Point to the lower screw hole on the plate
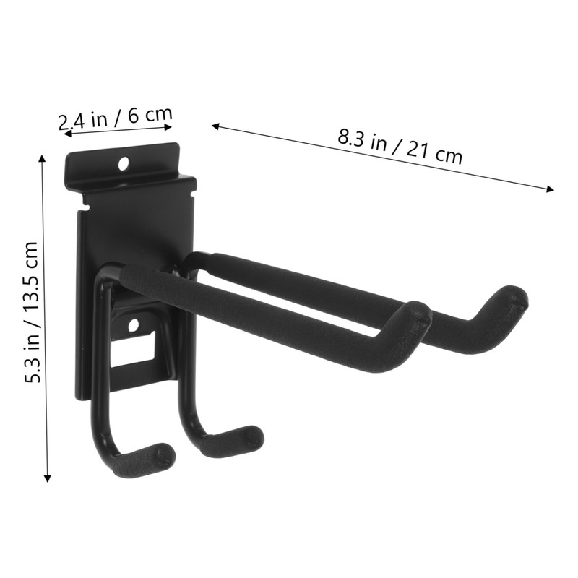[133, 326]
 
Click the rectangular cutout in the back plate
[137, 350]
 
